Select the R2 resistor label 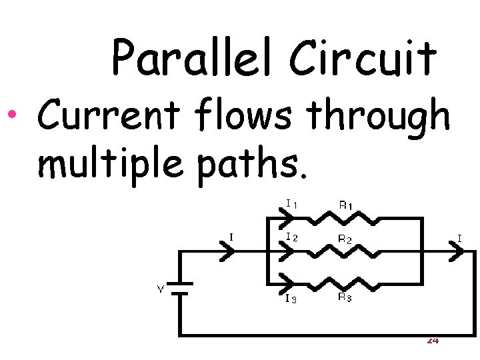pos(345,238)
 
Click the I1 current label pos(291,203)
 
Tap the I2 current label pos(291,237)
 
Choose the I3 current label pos(291,299)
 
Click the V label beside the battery pos(160,289)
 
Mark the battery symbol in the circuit pos(179,287)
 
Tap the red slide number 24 pos(432,341)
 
